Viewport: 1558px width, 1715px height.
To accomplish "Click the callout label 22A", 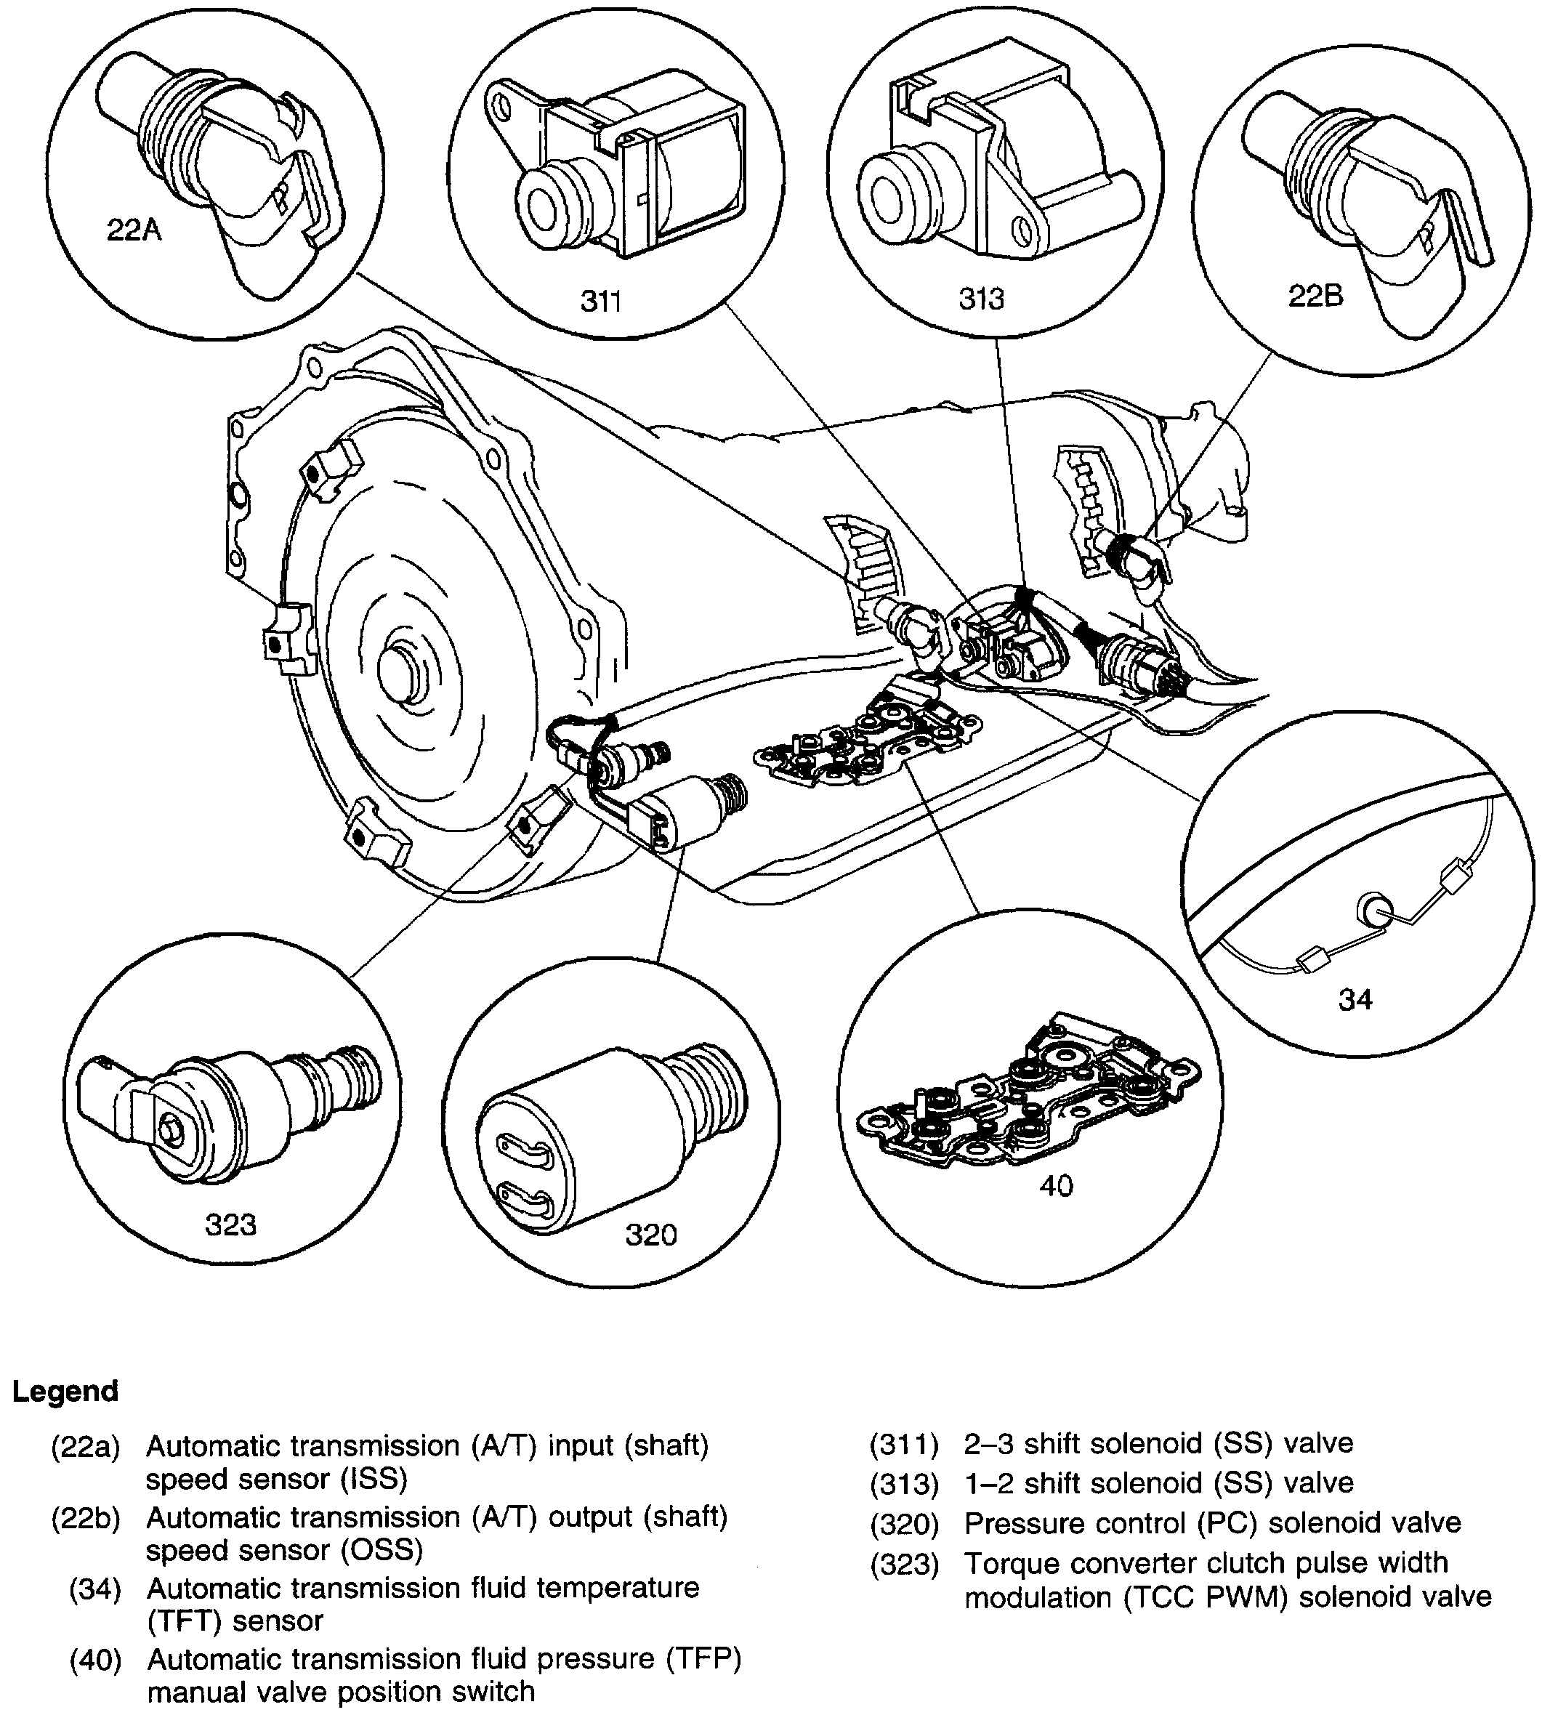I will click(x=134, y=230).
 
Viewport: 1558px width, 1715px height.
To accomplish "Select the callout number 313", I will click(x=981, y=298).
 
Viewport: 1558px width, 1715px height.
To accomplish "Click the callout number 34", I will click(x=1355, y=998).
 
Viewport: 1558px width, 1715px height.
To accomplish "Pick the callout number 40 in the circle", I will click(x=1056, y=1186).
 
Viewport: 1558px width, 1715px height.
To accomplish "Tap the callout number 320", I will click(x=651, y=1235).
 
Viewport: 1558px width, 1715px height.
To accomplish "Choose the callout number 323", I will click(x=230, y=1224).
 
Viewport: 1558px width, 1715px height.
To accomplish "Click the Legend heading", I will click(x=65, y=1391).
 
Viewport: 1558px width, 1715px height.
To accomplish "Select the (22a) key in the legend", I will click(x=85, y=1447).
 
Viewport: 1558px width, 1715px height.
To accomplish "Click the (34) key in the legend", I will click(x=94, y=1589).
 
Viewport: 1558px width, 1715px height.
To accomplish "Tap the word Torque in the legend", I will click(x=1011, y=1562).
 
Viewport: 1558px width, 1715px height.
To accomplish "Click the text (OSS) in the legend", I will click(x=382, y=1550).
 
